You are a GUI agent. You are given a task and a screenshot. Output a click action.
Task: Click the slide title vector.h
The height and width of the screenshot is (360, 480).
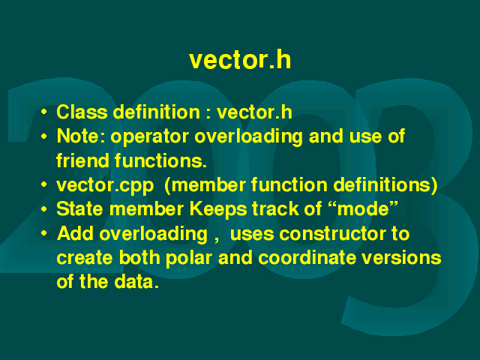click(x=240, y=60)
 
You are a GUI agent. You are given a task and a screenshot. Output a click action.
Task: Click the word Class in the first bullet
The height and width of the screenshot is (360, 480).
click(x=82, y=112)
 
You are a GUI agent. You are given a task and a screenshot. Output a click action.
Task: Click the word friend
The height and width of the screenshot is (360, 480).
click(x=82, y=160)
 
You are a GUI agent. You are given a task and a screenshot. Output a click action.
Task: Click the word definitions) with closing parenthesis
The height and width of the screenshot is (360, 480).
click(x=385, y=185)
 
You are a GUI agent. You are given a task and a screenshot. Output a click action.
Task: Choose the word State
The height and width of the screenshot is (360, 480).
click(x=79, y=208)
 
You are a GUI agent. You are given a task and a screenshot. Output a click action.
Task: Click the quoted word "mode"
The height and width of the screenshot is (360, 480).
click(x=363, y=208)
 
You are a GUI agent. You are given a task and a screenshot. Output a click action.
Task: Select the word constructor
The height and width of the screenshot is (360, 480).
click(x=332, y=234)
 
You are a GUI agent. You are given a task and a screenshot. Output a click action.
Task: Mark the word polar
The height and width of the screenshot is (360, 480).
click(x=188, y=258)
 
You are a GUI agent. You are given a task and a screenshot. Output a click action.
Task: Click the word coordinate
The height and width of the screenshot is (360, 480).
click(x=307, y=258)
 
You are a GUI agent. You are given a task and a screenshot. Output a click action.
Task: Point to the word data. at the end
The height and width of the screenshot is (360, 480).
click(x=136, y=282)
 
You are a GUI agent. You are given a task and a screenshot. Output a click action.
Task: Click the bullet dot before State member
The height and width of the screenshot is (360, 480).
click(x=44, y=209)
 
